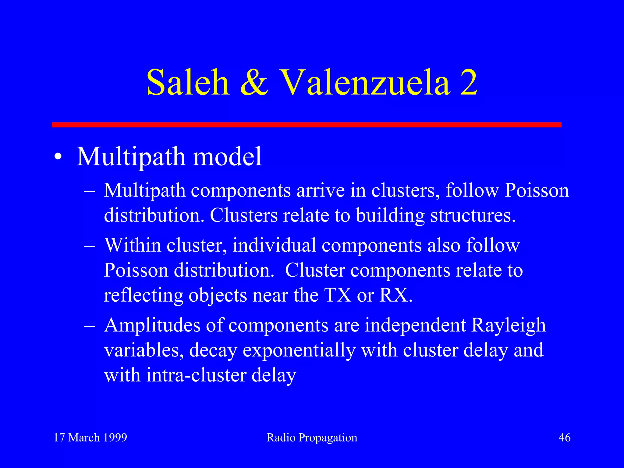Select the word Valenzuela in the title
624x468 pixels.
[365, 82]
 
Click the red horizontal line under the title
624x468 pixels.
[307, 125]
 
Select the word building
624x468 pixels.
[390, 216]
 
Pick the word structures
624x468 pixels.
[473, 216]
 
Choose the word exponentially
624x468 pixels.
[299, 350]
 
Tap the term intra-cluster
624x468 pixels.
[196, 375]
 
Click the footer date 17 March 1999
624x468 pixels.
[90, 438]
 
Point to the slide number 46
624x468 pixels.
[564, 438]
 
